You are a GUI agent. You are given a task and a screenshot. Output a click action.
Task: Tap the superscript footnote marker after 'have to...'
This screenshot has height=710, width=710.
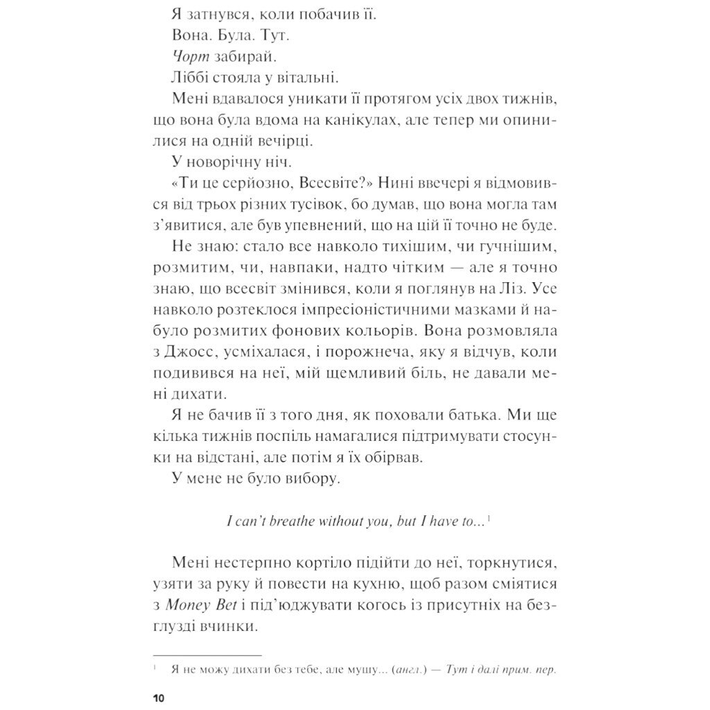490,517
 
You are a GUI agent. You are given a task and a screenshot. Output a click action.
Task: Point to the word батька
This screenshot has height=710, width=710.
478,415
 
